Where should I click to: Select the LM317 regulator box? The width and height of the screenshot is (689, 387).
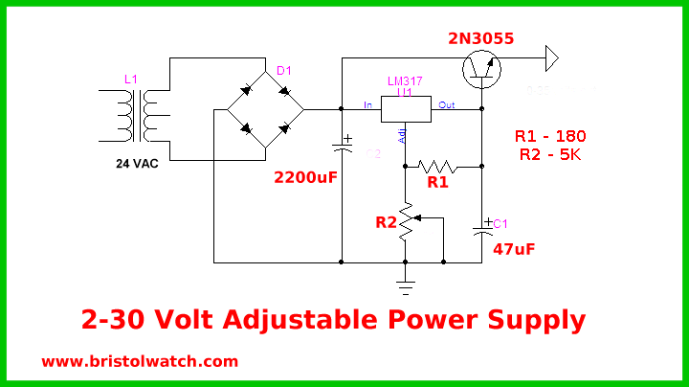[x=407, y=108]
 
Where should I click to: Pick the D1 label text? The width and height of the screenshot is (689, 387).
[x=284, y=71]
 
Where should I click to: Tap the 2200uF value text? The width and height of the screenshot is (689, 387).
[x=306, y=177]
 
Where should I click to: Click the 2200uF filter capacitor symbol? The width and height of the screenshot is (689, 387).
[x=342, y=146]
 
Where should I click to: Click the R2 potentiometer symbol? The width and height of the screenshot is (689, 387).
[x=407, y=221]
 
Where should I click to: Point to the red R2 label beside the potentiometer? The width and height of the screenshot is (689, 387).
[x=387, y=222]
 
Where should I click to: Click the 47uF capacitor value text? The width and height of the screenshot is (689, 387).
[x=514, y=250]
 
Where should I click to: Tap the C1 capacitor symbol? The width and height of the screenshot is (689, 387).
[x=482, y=228]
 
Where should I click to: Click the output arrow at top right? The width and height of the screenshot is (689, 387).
[x=550, y=58]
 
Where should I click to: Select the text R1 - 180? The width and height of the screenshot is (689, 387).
[x=550, y=135]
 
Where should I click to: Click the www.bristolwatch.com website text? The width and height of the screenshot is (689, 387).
[x=140, y=361]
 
